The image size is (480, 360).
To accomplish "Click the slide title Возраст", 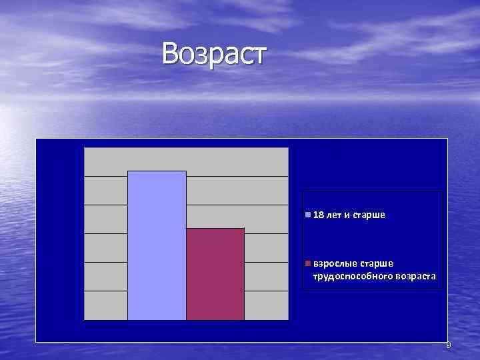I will [213, 54].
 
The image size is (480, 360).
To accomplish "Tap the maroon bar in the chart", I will [215, 274].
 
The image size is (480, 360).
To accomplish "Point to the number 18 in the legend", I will [318, 215].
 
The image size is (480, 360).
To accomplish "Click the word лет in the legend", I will [333, 215].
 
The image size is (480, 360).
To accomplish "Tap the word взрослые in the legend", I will [333, 263].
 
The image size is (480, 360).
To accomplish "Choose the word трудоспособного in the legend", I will [347, 275].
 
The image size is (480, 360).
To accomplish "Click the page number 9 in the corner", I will [448, 345].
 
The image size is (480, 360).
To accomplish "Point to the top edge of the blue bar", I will [157, 171].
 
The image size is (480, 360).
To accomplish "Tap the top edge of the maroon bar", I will [215, 229].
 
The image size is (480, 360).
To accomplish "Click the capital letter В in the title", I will [171, 54].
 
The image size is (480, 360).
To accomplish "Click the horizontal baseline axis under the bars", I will [187, 321].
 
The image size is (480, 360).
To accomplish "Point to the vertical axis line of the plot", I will [85, 233].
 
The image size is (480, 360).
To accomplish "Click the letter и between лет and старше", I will [347, 215].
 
